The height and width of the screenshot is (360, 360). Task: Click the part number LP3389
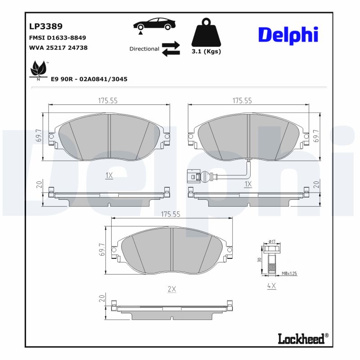coord(46,27)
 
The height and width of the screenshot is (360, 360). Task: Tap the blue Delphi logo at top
coord(288,35)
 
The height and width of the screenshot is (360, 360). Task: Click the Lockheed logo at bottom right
coord(301,338)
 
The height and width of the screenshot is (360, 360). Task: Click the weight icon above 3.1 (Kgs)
coord(206,33)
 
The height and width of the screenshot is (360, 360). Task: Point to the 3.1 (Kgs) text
coord(206,52)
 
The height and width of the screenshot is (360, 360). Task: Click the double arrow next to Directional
coord(171,49)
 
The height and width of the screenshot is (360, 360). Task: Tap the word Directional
coord(144,49)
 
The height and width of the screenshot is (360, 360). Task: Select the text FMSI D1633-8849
coord(57,38)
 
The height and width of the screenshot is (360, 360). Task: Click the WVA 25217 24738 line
coord(58,47)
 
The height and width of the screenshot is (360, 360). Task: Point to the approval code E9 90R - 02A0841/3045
coord(89,79)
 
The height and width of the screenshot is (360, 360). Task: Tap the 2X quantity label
coord(171,289)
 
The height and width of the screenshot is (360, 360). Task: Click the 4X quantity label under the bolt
coord(271,285)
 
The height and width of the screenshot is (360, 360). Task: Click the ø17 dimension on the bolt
coord(271,242)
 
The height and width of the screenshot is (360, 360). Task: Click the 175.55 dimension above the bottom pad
coord(171,215)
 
